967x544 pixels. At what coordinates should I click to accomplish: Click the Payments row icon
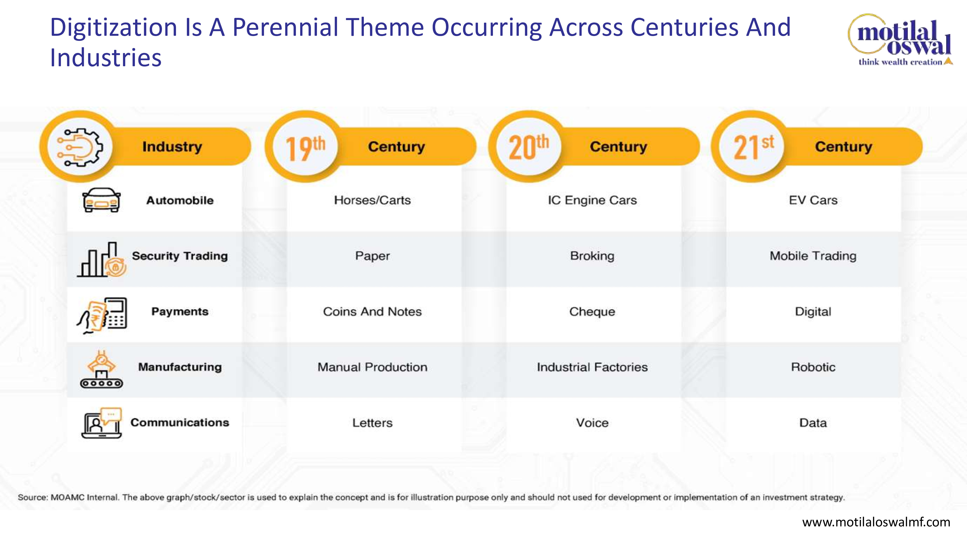point(102,315)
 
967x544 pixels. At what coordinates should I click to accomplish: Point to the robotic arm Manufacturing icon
point(101,369)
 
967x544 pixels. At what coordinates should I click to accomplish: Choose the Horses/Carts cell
point(372,200)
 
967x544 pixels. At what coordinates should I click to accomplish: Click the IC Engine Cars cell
point(592,200)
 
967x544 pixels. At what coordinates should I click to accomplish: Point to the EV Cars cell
point(813,200)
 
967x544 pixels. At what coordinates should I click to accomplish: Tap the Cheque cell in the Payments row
point(592,312)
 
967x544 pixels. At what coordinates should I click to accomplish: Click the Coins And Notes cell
point(372,312)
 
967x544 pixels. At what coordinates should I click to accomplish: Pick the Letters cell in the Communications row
point(372,423)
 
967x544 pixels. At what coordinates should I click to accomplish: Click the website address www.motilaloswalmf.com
point(876,522)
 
